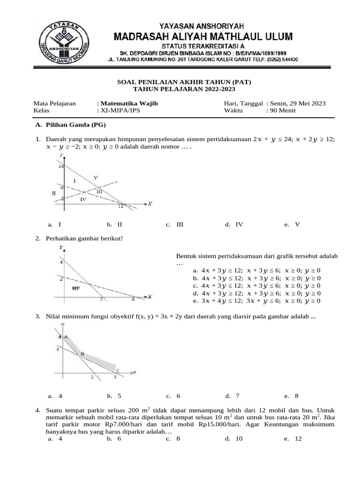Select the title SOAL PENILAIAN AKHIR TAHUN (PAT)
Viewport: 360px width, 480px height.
coord(184,82)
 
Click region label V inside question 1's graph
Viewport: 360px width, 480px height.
coord(96,177)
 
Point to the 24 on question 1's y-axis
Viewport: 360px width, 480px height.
coord(60,166)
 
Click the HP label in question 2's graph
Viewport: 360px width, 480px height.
coord(75,288)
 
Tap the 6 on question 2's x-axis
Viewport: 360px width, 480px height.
coord(133,300)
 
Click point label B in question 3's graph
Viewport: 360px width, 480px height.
coord(82,354)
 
